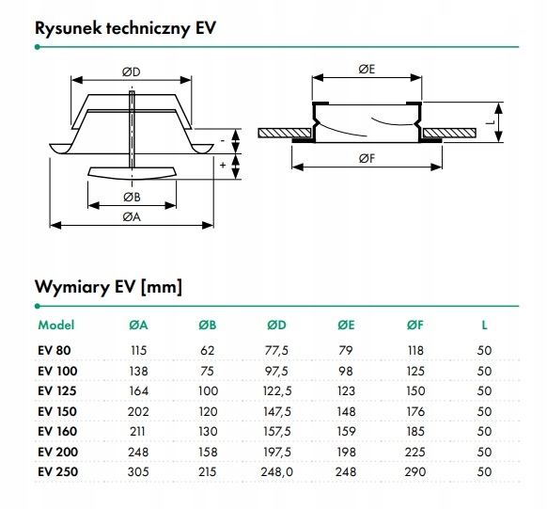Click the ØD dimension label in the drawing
pyautogui.click(x=132, y=72)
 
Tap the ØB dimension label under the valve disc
pyautogui.click(x=132, y=198)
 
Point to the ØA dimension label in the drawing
pyautogui.click(x=132, y=217)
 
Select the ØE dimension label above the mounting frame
pyautogui.click(x=367, y=69)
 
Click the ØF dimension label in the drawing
pyautogui.click(x=367, y=159)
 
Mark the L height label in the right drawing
pyautogui.click(x=491, y=122)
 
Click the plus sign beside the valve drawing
pyautogui.click(x=223, y=166)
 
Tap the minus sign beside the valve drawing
pyautogui.click(x=223, y=140)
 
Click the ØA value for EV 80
pyautogui.click(x=139, y=350)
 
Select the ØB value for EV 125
pyautogui.click(x=208, y=391)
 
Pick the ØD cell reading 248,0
pyautogui.click(x=276, y=472)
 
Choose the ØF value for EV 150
pyautogui.click(x=415, y=411)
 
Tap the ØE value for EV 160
pyautogui.click(x=346, y=432)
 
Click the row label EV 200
pyautogui.click(x=57, y=453)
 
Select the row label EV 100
pyautogui.click(x=57, y=371)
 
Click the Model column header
pyautogui.click(x=56, y=325)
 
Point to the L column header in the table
pyautogui.click(x=484, y=326)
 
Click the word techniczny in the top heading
pyautogui.click(x=148, y=28)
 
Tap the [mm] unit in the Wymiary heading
pyautogui.click(x=162, y=287)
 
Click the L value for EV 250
pyautogui.click(x=484, y=472)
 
